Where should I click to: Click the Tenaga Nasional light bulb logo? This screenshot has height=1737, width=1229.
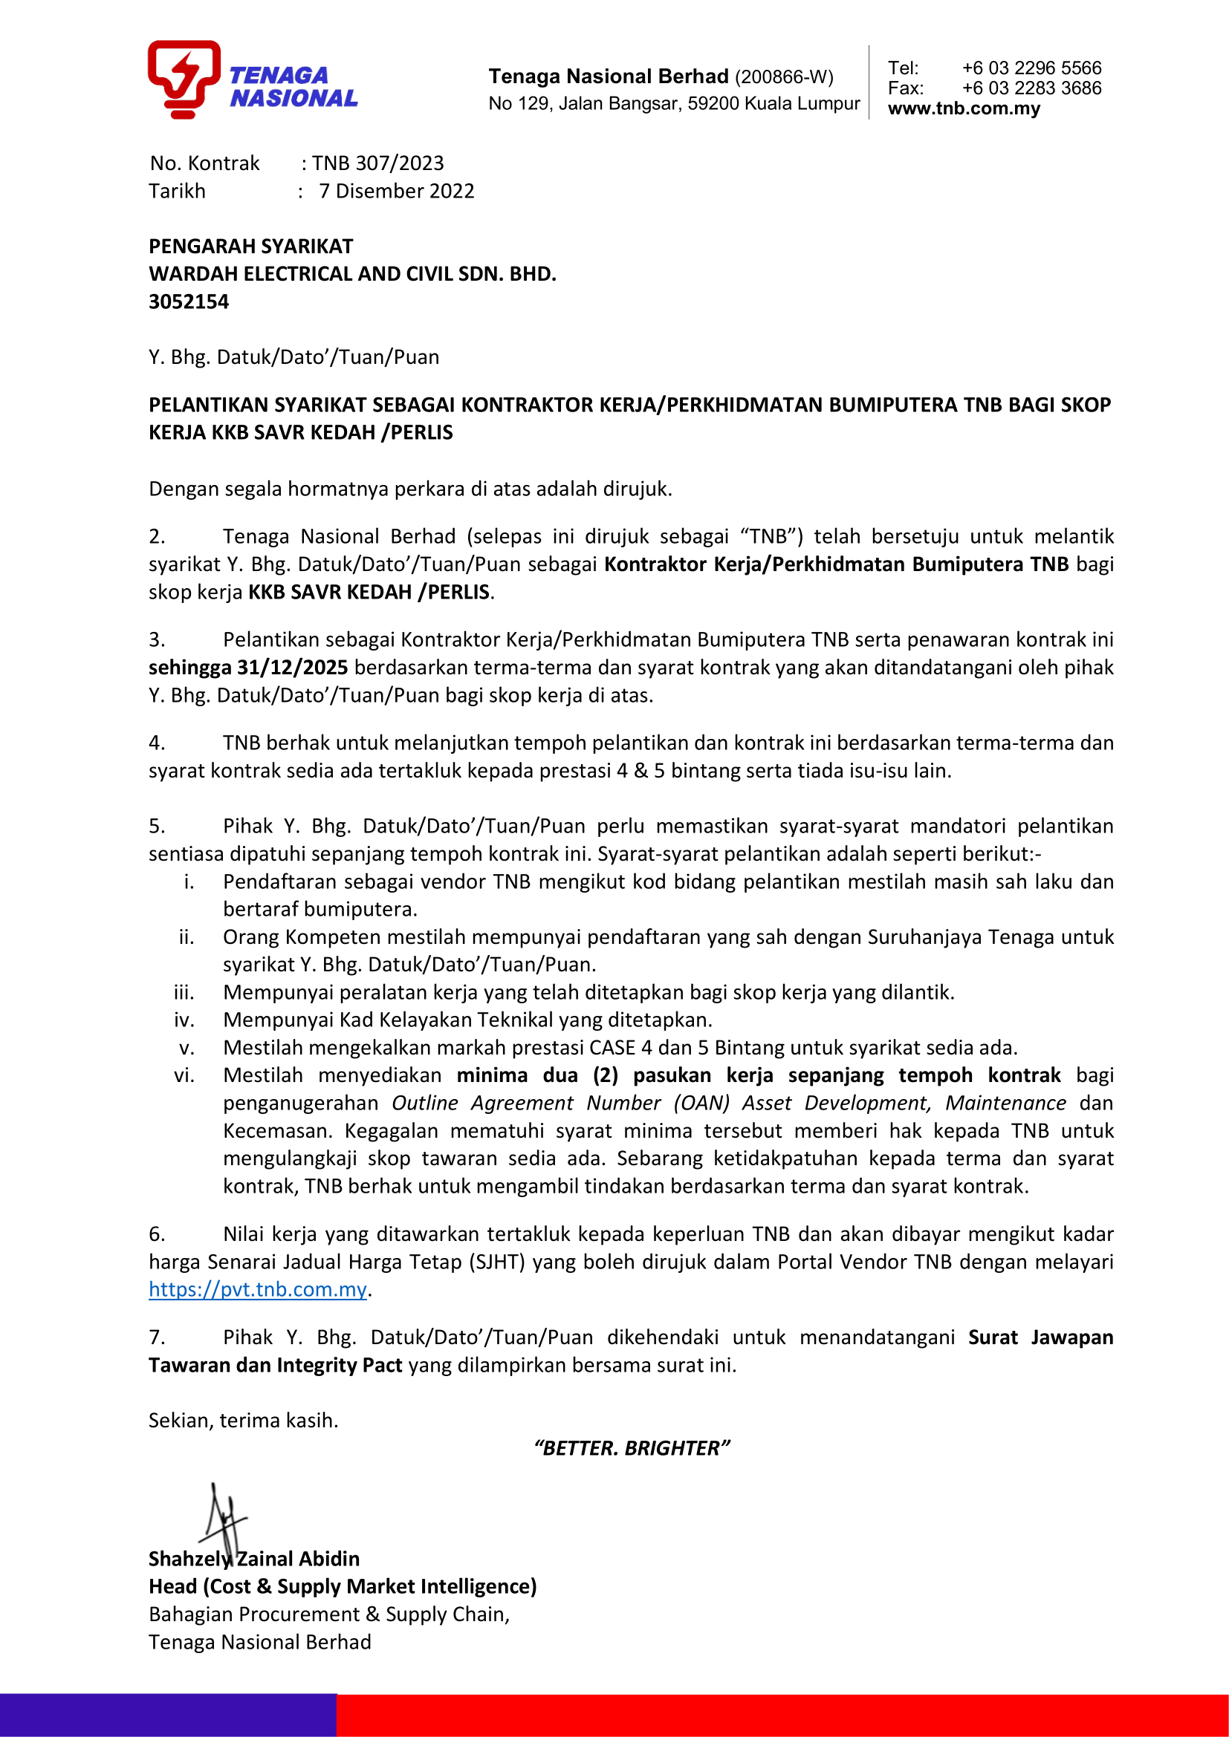pos(184,79)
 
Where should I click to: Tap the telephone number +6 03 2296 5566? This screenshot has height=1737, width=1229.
pos(1031,68)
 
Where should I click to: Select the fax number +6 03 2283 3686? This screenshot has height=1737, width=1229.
pos(1031,88)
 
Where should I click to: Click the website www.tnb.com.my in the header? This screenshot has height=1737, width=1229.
pos(964,109)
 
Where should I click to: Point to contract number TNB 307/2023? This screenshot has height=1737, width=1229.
pos(377,163)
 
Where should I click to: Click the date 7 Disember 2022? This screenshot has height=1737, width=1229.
pos(397,192)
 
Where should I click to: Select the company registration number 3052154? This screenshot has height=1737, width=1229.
pos(189,302)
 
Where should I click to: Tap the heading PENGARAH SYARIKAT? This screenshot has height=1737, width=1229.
pos(250,247)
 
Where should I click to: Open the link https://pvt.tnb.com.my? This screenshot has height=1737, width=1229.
pos(257,1289)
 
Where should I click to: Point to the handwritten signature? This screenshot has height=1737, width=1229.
pos(222,1517)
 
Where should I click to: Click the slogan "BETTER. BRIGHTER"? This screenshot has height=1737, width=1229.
pos(632,1448)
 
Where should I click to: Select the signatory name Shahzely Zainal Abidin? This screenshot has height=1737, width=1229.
pos(253,1560)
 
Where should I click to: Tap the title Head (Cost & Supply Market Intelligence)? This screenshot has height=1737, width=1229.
pos(342,1586)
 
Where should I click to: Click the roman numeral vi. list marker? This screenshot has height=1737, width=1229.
pos(184,1076)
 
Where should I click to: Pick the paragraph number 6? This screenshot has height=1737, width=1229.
pos(157,1235)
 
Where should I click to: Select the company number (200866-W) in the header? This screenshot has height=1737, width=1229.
pos(784,77)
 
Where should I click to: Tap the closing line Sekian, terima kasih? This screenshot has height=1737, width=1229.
pos(243,1420)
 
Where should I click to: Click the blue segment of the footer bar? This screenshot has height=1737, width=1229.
pos(168,1714)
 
